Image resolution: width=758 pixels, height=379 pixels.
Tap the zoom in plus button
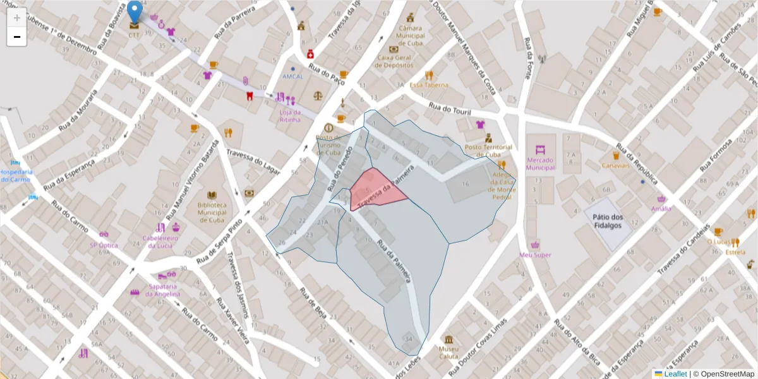[x=16, y=18]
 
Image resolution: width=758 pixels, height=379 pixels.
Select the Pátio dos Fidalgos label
[x=608, y=221]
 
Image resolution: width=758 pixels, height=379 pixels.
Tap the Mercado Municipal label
[x=540, y=164]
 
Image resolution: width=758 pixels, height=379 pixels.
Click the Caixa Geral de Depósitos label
[x=395, y=61]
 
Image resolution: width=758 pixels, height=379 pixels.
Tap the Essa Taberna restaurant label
[x=429, y=85]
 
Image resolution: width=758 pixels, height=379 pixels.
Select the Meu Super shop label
[x=535, y=255]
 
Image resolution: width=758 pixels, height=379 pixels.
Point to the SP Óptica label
[x=103, y=244]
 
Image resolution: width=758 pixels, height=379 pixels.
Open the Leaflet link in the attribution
[x=675, y=374]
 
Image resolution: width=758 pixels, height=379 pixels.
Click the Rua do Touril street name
[x=450, y=109]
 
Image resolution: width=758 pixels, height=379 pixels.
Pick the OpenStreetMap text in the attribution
[x=726, y=374]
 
